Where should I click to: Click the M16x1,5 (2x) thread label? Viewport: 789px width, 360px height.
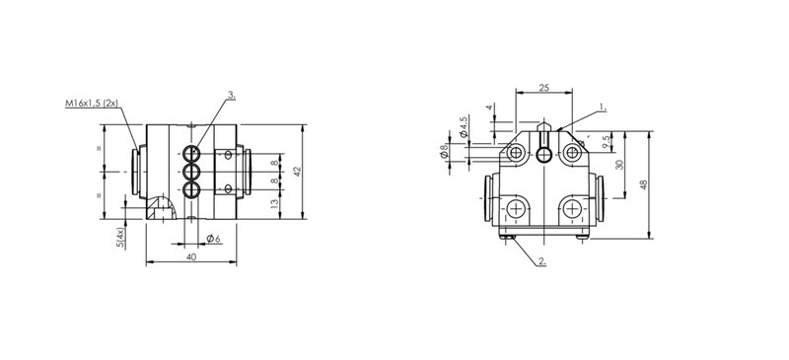click(91, 104)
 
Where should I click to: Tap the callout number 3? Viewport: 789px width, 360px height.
click(232, 94)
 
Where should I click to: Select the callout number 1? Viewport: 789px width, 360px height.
click(603, 107)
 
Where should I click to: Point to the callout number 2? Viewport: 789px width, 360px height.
click(541, 260)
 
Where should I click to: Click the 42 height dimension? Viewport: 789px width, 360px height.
click(298, 172)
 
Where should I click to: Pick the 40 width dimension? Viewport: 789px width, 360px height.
click(191, 256)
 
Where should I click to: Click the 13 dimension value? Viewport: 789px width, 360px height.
click(274, 204)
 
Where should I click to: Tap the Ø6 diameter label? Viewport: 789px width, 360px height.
click(213, 238)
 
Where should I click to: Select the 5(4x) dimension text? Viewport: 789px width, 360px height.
click(120, 238)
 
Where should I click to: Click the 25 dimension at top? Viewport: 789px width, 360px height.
click(544, 88)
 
